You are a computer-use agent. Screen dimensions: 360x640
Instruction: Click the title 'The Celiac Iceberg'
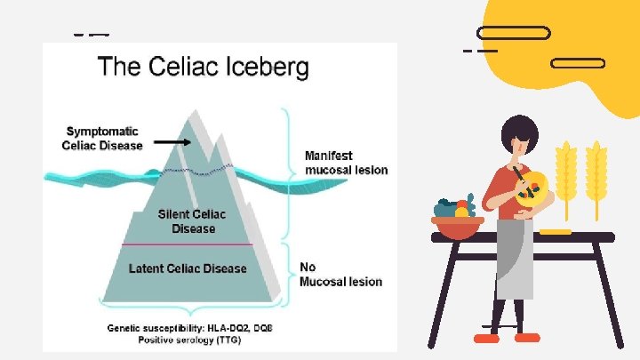(x=203, y=68)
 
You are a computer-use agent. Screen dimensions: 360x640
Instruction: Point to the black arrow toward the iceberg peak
(x=172, y=141)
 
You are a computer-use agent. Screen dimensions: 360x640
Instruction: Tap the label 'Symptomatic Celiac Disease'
(x=102, y=139)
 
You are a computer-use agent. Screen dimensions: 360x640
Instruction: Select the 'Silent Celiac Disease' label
(x=192, y=221)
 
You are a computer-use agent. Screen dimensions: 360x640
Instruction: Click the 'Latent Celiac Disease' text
(x=188, y=268)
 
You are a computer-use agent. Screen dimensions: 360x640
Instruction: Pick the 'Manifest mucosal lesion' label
(x=346, y=162)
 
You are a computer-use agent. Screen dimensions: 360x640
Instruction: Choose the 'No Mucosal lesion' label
(x=340, y=274)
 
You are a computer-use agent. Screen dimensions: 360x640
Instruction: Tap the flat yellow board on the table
(x=555, y=232)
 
